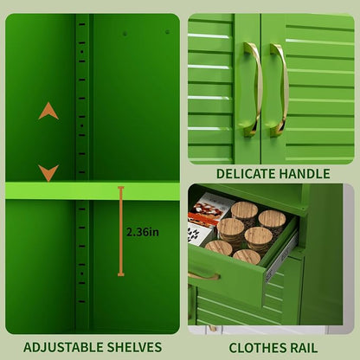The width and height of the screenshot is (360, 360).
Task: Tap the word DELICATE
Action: tap(246, 174)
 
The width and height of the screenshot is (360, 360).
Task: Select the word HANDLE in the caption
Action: tap(305, 174)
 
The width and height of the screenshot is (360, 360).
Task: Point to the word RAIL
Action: tap(303, 348)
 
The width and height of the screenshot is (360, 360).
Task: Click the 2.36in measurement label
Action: tap(143, 232)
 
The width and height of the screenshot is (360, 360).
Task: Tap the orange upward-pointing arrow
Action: tap(48, 111)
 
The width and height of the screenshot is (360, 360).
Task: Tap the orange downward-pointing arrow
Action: tap(48, 173)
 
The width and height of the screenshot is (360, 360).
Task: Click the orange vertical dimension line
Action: tap(121, 231)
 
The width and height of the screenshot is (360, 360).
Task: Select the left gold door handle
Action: tap(253, 89)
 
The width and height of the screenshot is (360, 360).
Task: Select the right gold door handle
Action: tap(279, 90)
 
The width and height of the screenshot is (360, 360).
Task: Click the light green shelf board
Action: tap(93, 190)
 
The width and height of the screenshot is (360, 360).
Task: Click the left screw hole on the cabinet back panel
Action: tap(125, 34)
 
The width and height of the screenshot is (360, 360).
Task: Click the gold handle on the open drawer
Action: tap(204, 276)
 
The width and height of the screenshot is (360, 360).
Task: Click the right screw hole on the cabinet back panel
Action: tap(167, 32)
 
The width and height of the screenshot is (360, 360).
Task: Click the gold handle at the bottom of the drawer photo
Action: tap(212, 328)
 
